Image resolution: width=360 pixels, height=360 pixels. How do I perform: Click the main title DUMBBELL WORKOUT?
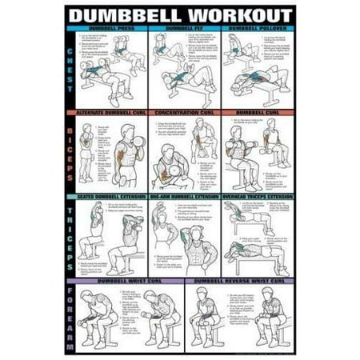tap(179, 14)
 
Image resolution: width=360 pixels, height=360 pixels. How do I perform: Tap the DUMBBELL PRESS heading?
tap(112, 28)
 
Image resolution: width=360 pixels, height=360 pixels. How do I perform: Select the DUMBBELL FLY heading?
tap(181, 28)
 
